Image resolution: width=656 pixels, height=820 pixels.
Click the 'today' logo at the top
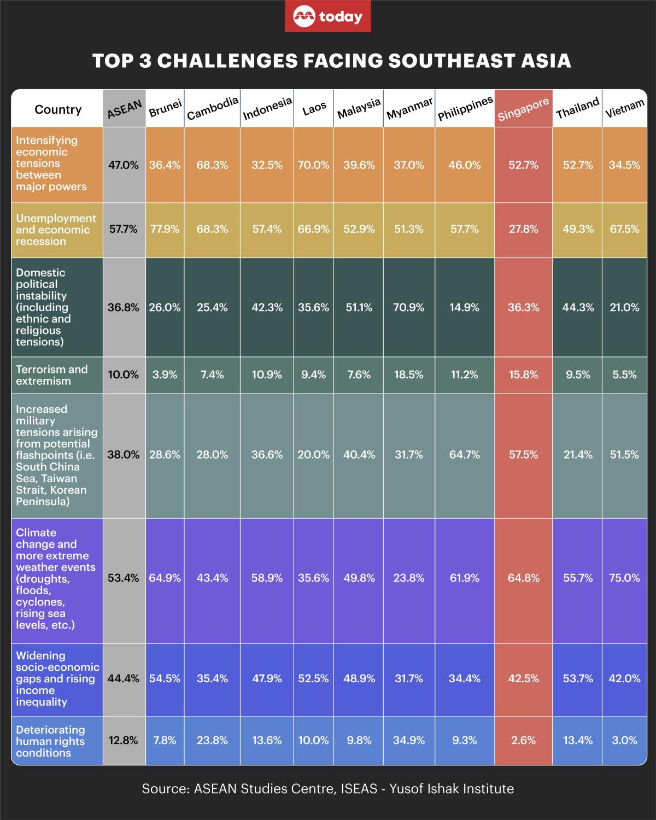click(328, 17)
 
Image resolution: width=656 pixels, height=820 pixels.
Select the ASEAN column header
click(124, 109)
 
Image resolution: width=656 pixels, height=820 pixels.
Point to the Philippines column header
click(465, 109)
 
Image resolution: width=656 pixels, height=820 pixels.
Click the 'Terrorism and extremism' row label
click(52, 375)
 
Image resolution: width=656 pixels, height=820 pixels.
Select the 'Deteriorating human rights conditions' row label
click(50, 741)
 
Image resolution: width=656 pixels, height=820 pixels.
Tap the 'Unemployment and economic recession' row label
click(56, 230)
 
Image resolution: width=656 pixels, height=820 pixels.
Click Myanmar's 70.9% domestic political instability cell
click(409, 308)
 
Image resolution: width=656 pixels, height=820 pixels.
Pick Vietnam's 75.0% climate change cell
click(624, 578)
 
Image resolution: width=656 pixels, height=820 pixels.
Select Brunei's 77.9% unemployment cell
click(165, 230)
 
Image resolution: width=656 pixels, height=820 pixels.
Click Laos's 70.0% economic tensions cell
click(313, 165)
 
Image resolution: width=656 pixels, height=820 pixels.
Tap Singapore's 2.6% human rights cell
click(523, 741)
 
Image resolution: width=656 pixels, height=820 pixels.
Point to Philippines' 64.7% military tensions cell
click(464, 455)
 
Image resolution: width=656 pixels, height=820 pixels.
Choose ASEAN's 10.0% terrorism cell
click(124, 375)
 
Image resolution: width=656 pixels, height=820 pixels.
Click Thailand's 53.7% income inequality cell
click(577, 679)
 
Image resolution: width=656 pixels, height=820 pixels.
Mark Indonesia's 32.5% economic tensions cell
click(267, 165)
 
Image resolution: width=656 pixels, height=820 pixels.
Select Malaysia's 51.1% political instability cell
click(359, 308)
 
